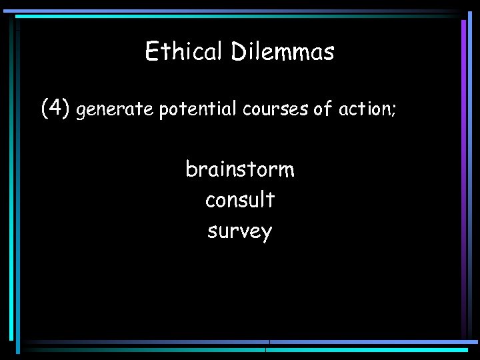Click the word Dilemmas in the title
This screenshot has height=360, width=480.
pos(283,51)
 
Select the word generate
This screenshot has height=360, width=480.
pos(115,109)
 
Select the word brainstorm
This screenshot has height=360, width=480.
pos(240,169)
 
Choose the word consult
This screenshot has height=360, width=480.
pos(240,199)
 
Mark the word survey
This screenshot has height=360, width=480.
pos(240,231)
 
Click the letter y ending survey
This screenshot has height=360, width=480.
pos(267,233)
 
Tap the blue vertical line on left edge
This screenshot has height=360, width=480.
pos(12,180)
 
